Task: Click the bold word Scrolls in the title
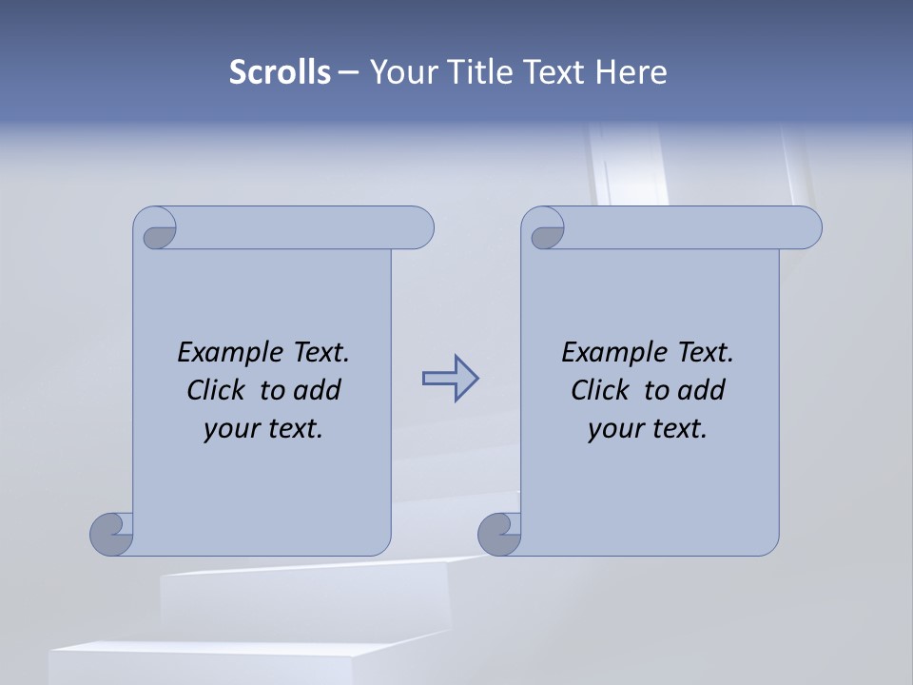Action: point(280,72)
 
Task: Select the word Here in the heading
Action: point(631,72)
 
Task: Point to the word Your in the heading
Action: point(402,72)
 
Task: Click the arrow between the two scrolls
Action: point(450,379)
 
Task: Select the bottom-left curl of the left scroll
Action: point(111,535)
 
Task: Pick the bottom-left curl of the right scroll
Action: point(499,535)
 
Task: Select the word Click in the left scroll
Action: point(217,390)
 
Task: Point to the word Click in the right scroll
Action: point(600,390)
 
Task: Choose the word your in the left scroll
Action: point(231,429)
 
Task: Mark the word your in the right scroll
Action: point(615,429)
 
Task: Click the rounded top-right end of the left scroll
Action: point(418,228)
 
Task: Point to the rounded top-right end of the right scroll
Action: point(806,228)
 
